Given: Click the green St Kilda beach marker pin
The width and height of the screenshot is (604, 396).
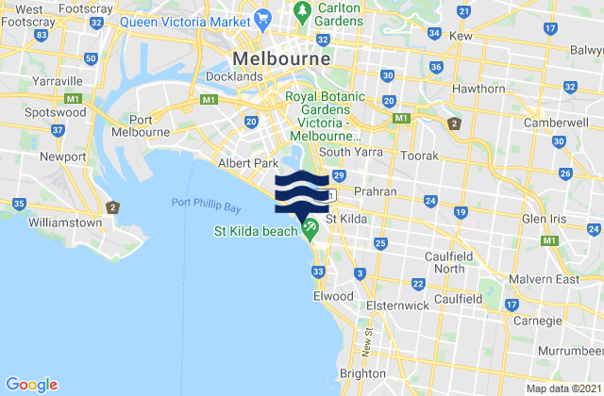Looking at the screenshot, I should point(310,225).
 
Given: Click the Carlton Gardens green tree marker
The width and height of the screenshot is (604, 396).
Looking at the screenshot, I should point(303,11).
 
